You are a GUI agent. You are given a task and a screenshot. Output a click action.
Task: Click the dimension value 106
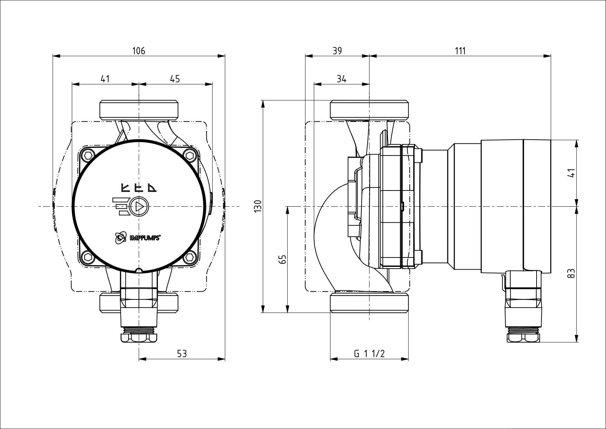click(x=139, y=51)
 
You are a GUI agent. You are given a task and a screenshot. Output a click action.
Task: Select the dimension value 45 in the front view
click(x=175, y=79)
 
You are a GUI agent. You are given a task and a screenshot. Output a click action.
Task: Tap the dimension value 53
click(x=182, y=354)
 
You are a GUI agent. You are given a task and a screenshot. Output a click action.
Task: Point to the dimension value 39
click(x=337, y=51)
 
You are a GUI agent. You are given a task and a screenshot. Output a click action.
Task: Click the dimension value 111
click(x=460, y=51)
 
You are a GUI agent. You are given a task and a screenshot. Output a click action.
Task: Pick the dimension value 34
click(x=341, y=79)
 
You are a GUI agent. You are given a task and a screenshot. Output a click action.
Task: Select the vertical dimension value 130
click(x=258, y=206)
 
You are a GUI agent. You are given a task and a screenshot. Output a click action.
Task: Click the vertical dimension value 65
click(x=283, y=260)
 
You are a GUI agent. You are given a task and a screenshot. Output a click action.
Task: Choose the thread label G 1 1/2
click(x=369, y=354)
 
